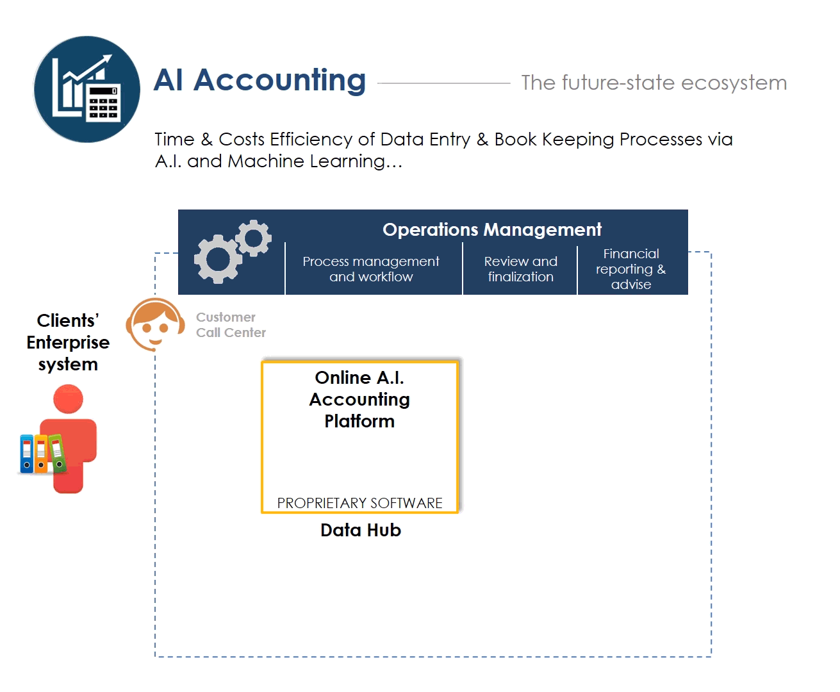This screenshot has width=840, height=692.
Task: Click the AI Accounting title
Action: pos(259,81)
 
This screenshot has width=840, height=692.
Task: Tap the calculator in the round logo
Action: pos(103,103)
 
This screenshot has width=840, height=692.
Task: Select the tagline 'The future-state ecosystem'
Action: pos(654,83)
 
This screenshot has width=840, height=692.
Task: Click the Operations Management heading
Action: pos(492,229)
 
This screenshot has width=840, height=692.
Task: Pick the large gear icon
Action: pos(218,259)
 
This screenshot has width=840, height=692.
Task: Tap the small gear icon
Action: pos(254,238)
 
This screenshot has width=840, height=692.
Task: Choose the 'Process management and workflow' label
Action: pos(371,268)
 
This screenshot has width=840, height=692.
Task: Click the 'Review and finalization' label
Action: pos(520,268)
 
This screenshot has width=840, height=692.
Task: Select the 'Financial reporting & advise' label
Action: pos(631,268)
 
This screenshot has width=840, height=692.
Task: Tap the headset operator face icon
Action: pos(155,324)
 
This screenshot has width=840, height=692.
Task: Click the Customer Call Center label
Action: pos(231,325)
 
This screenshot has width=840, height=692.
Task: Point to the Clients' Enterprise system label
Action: pos(68,342)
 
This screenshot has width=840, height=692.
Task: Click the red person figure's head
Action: pos(68,399)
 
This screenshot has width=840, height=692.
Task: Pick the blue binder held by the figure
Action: pos(27,454)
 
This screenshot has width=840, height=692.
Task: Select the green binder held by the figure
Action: pos(57,453)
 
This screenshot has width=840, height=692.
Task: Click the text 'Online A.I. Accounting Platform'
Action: pos(359,400)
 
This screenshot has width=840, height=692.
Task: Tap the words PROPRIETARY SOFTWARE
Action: pos(359,503)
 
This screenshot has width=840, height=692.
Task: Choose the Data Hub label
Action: pos(361,531)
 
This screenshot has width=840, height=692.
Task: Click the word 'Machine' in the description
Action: pos(266,161)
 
